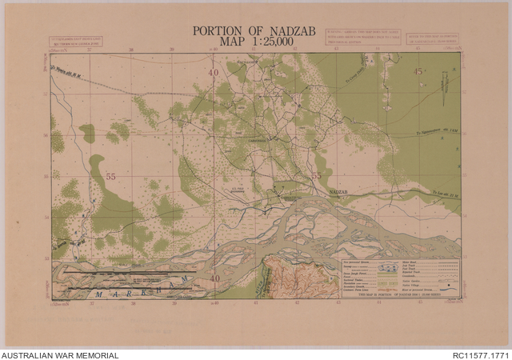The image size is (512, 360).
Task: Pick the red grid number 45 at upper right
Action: (418, 72)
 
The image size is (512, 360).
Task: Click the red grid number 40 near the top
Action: (214, 74)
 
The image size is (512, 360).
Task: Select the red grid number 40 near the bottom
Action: (214, 278)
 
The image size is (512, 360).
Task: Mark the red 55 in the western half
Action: (110, 175)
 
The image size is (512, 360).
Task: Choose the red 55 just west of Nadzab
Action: (316, 176)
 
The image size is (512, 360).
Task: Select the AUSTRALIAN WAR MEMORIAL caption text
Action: (60, 354)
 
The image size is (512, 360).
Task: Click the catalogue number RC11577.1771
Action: (480, 354)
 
